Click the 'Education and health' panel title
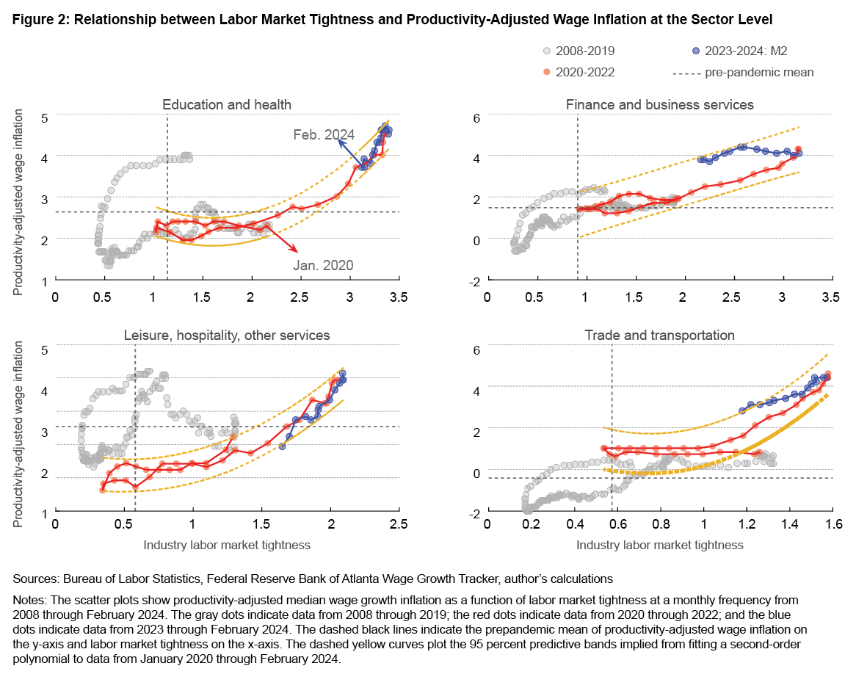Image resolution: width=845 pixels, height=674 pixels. (x=227, y=105)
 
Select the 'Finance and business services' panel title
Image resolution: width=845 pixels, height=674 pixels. (x=660, y=104)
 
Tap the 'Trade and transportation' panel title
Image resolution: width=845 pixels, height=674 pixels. (x=660, y=335)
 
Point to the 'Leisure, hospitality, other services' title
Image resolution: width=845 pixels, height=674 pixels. (x=227, y=335)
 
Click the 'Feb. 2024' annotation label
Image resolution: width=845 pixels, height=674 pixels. (x=324, y=134)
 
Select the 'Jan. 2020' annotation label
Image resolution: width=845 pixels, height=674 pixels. (x=323, y=265)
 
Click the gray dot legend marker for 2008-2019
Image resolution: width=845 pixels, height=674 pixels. (x=545, y=51)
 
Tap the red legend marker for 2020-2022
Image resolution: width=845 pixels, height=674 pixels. (x=545, y=72)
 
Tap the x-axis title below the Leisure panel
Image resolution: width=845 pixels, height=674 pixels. (x=227, y=545)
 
